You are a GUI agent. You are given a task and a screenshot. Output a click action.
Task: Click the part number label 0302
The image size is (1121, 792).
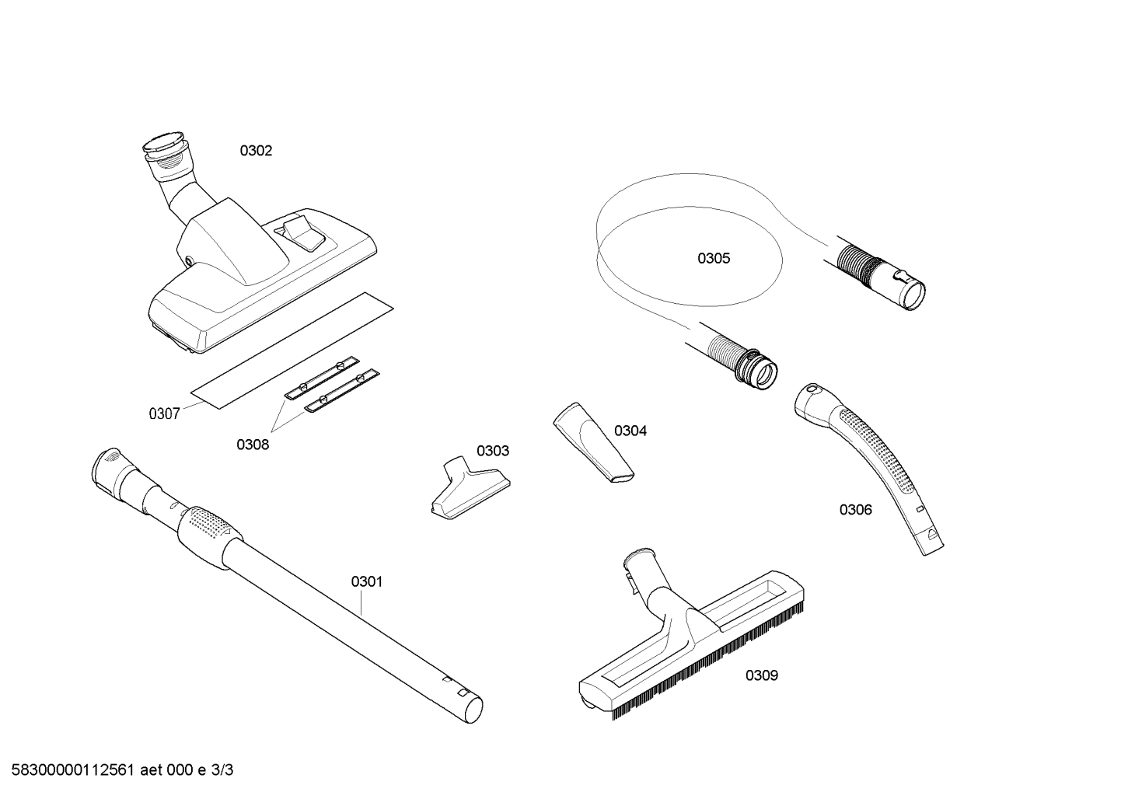(x=256, y=151)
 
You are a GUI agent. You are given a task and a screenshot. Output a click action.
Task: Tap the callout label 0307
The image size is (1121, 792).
(x=164, y=413)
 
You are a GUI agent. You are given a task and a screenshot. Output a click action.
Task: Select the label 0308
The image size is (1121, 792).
(x=253, y=445)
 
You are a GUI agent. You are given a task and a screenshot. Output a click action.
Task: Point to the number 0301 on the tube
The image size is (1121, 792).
(x=367, y=581)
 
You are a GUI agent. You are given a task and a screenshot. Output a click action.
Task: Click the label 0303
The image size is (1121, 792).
(x=492, y=451)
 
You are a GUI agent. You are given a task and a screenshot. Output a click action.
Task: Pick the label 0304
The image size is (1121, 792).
(x=630, y=431)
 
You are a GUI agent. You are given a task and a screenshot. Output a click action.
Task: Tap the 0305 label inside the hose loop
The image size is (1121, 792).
(x=714, y=258)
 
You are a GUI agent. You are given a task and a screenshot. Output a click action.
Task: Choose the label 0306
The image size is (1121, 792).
(x=855, y=510)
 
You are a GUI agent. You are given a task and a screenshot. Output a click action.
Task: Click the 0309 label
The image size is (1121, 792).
(x=762, y=675)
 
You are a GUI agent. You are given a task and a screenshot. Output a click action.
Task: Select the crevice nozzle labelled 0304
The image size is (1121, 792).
(x=593, y=443)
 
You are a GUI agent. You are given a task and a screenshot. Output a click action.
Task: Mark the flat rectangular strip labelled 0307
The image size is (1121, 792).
(x=293, y=351)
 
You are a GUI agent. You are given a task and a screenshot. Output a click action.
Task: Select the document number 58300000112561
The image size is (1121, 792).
(x=73, y=770)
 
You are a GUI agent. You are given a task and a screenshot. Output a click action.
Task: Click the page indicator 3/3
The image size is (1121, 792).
(x=222, y=770)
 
